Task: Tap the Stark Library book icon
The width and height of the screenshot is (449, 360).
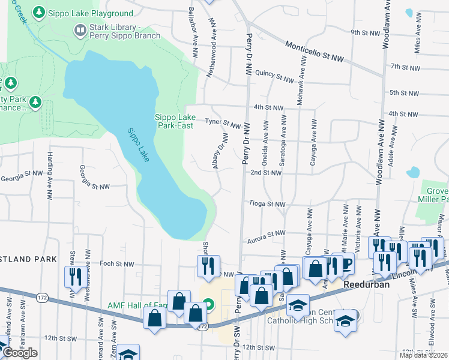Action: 79,29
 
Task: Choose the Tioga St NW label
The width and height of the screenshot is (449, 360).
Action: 267,204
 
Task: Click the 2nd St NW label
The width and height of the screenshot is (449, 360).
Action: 266,173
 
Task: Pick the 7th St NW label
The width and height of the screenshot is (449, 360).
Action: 403,67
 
